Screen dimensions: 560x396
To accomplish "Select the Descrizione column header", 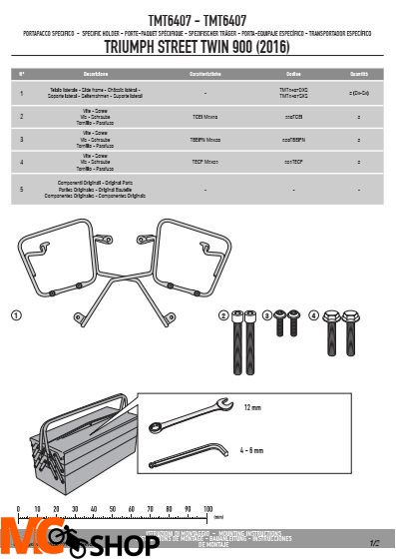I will [97, 74].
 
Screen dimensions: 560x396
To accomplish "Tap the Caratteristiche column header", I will [205, 74].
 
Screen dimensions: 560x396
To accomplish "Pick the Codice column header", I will [293, 74].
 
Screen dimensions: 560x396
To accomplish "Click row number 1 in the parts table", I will [22, 93].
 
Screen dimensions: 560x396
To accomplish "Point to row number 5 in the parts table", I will [22, 188].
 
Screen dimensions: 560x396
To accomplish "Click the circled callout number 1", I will [17, 315].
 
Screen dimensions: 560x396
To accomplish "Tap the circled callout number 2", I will [224, 315].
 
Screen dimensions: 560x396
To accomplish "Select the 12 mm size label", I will [251, 407].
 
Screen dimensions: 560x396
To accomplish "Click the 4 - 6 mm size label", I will [251, 450].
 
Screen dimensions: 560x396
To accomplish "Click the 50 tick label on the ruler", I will [112, 509].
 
